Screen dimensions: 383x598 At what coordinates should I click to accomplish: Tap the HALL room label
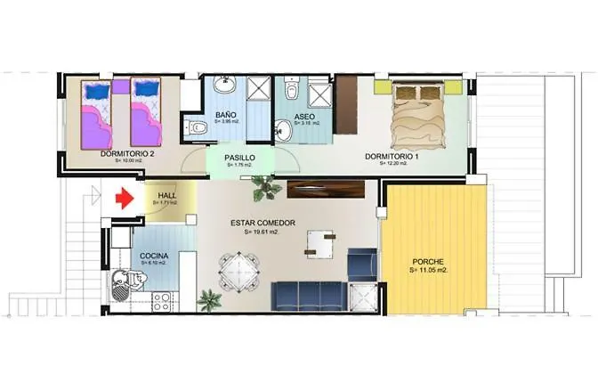[x=166, y=196]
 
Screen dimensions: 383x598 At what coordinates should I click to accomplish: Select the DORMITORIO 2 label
[x=128, y=154]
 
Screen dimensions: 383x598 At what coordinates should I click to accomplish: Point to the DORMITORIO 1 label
[x=392, y=156]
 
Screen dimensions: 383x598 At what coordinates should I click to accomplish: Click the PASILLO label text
[x=240, y=158]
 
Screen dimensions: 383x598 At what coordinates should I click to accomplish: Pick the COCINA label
[x=155, y=257]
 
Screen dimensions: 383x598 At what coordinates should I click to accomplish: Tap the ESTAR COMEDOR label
[x=263, y=223]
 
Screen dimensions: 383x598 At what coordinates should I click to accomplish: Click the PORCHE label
[x=428, y=262]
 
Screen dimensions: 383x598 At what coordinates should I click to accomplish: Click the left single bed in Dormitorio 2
[x=95, y=112]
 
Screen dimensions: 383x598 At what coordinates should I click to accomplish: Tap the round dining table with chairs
[x=238, y=265]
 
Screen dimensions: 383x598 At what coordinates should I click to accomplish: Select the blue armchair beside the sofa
[x=361, y=263]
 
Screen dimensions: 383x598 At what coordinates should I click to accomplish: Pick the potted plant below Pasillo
[x=262, y=187]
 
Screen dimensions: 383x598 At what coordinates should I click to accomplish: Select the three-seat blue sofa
[x=308, y=293]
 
